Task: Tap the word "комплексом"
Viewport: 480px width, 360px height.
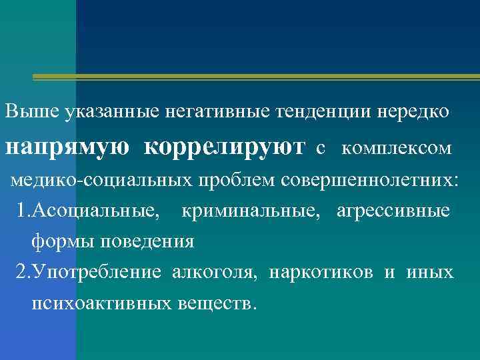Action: point(396,148)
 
